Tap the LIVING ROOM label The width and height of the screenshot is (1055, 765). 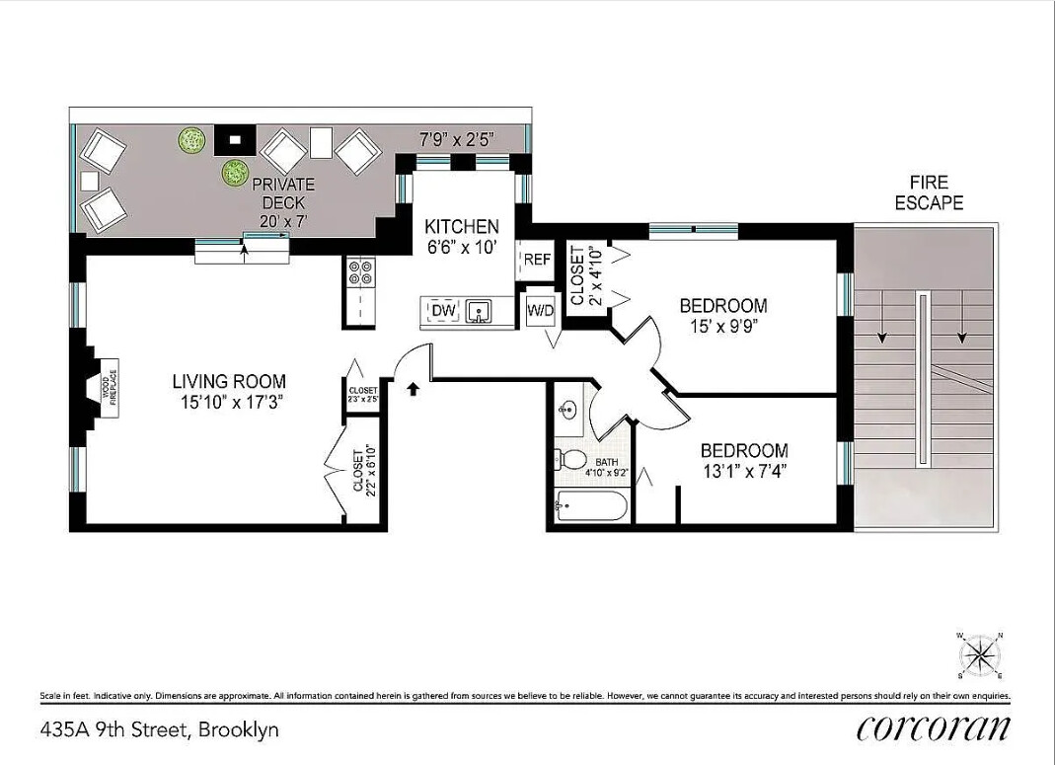click(x=229, y=381)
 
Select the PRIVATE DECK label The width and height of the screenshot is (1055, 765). click(x=283, y=184)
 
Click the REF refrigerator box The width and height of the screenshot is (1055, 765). click(x=536, y=261)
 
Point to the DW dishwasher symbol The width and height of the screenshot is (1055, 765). click(x=440, y=312)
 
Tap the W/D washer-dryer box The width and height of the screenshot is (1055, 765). click(x=540, y=310)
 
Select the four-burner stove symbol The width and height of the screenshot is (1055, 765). click(x=359, y=270)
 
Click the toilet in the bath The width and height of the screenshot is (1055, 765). click(x=572, y=459)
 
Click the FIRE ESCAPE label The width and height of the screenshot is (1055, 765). click(x=929, y=192)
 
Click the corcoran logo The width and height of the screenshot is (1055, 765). click(x=933, y=728)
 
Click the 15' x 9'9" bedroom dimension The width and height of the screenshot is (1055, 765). click(x=723, y=325)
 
